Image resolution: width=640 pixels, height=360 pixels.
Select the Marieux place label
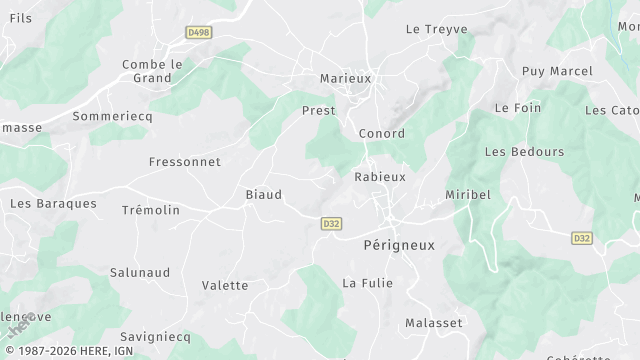tap(345, 78)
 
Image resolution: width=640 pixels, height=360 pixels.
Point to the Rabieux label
tap(380, 176)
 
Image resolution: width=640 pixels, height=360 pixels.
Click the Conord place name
tap(381, 134)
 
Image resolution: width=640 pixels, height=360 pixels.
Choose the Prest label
tap(318, 111)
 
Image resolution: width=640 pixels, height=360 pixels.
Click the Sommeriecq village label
tap(110, 117)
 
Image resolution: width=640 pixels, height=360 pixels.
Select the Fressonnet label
tap(184, 161)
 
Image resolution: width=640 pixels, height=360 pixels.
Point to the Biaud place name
tap(263, 195)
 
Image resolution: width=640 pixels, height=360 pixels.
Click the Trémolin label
tap(150, 210)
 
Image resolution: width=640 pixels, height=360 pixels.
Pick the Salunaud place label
tap(139, 272)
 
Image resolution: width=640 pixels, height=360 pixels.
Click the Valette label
tap(225, 285)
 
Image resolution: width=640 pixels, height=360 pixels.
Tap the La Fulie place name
tap(368, 283)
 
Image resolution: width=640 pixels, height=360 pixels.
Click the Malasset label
tap(434, 323)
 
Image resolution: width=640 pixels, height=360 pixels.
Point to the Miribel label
tap(469, 194)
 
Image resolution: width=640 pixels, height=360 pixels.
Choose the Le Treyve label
tap(437, 30)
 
